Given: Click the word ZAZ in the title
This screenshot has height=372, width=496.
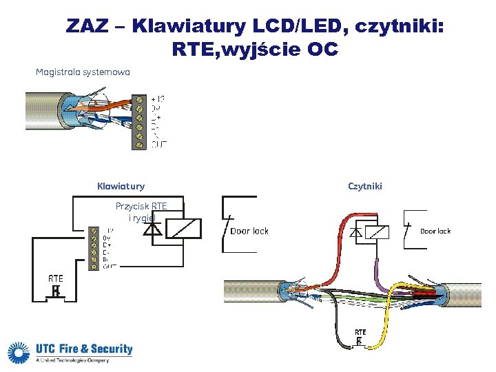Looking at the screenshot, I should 87,27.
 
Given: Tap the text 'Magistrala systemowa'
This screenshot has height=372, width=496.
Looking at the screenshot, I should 83,72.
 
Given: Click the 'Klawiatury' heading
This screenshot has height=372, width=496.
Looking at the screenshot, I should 121,186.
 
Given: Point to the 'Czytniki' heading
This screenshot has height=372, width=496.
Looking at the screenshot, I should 365,186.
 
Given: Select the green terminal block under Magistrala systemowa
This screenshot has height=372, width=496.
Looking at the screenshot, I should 140,121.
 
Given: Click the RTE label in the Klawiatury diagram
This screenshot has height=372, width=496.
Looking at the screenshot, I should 56,278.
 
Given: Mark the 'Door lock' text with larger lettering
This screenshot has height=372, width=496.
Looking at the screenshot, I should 249,231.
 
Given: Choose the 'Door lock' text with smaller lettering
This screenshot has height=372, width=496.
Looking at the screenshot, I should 435,231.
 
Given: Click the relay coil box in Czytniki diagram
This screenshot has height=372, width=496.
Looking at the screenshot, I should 375,233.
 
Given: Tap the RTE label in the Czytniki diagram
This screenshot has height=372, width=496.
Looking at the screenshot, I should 360,331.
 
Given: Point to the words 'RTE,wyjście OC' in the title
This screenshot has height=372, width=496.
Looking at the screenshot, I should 256,50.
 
